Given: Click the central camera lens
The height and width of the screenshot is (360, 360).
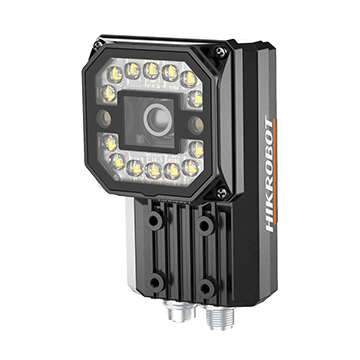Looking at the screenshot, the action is tap(158, 120).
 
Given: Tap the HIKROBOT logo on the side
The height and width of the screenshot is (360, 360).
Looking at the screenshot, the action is tap(270, 174).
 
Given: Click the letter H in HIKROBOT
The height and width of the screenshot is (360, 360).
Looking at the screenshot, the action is tap(269, 227).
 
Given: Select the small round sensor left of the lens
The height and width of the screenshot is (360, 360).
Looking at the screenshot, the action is tap(104, 118).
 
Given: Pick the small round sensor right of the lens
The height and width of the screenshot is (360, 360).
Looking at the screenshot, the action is tap(196, 125).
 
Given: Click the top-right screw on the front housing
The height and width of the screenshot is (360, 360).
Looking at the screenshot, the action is tap(220, 52).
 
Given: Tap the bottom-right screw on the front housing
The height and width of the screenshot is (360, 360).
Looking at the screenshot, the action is tap(222, 193).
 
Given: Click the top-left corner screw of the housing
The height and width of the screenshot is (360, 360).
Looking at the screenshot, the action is tap(98, 44).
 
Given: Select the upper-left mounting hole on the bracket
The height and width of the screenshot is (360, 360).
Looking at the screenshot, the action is tap(154, 220).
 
